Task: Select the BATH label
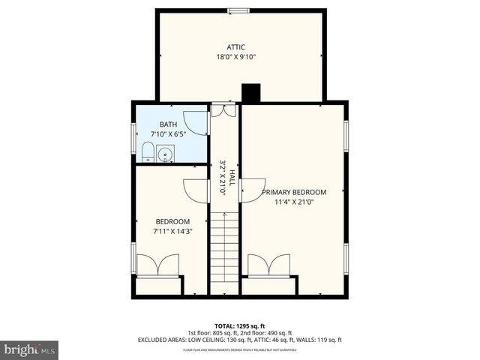click(167, 124)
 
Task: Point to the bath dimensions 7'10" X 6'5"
click(167, 133)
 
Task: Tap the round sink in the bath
click(166, 156)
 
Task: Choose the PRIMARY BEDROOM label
click(294, 192)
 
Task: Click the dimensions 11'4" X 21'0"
click(294, 202)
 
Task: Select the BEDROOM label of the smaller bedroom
click(172, 221)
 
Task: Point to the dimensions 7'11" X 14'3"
click(172, 231)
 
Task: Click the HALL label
click(232, 177)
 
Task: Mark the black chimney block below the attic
click(249, 93)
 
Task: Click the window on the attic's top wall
click(239, 10)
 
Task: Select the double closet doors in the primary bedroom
click(268, 265)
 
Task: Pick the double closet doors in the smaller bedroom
click(157, 265)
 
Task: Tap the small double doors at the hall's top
click(223, 110)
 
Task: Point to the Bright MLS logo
click(30, 349)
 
